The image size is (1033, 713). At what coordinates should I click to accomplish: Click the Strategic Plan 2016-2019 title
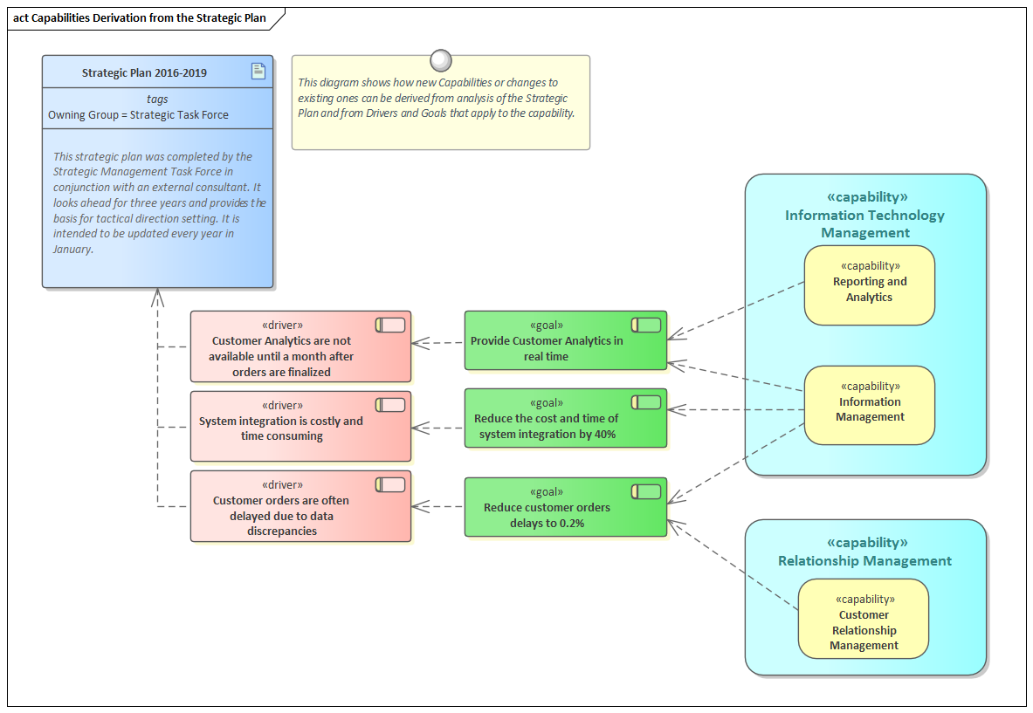pos(144,72)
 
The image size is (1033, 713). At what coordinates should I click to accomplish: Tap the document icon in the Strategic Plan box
pos(258,72)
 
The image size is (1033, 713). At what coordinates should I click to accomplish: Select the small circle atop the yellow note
pos(441,60)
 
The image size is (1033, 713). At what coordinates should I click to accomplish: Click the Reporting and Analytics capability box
pos(869,285)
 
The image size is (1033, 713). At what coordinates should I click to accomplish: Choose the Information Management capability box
pos(869,405)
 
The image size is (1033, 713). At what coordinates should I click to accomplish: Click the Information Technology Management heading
pos(864,223)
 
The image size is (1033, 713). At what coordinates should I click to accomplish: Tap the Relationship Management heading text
pos(864,561)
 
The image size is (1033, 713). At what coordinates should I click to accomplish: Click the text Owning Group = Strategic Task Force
pos(138,114)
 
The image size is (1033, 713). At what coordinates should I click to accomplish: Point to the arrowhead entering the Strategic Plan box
pos(158,297)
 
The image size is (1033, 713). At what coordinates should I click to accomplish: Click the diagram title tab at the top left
pos(140,18)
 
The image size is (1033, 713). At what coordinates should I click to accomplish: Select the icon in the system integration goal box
pos(646,402)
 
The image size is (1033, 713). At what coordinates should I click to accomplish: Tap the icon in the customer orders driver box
pos(390,484)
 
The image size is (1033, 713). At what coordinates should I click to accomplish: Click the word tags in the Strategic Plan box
pos(157,99)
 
